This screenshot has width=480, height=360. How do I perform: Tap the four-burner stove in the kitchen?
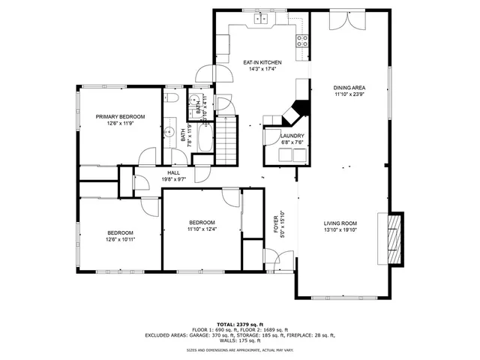303,41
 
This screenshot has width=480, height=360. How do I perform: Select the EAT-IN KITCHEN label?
262,63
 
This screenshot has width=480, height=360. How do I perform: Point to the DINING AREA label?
349,88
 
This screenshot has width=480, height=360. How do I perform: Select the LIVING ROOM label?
340,223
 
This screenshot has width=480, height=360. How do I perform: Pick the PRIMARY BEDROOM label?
120,116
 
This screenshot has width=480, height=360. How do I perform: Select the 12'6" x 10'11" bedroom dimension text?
120,240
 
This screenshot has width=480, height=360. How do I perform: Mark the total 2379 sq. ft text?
240,323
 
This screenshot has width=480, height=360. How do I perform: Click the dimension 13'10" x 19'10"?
340,230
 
